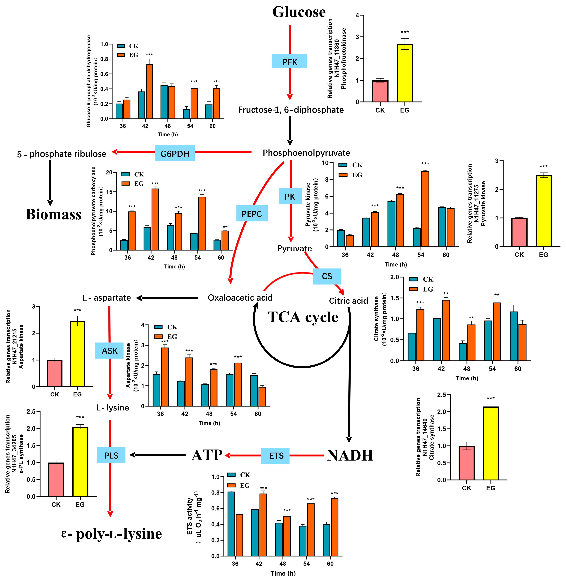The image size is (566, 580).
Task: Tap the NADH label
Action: (x=350, y=455)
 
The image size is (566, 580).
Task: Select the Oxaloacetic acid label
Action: (x=240, y=298)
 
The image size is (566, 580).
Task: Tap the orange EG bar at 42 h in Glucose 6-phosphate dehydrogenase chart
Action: (x=149, y=92)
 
